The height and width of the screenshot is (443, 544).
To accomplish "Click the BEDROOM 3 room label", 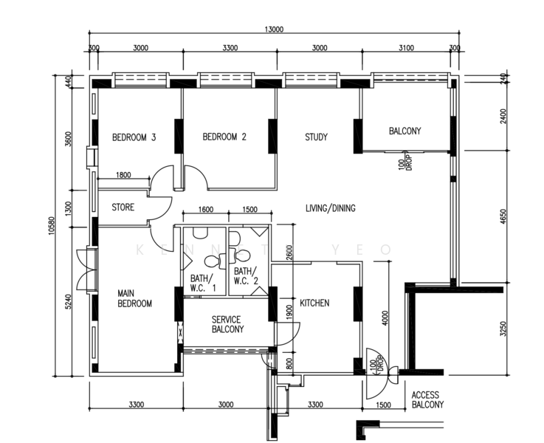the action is tap(134, 137).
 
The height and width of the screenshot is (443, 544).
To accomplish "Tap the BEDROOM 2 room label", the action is tap(224, 137).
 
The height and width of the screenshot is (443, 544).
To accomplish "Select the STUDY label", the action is tap(316, 137).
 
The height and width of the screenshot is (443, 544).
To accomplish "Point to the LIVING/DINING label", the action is tap(330, 208).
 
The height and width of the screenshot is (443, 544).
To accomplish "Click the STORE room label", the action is tap(123, 207).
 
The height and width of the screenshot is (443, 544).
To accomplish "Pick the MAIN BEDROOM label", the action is tap(134, 298).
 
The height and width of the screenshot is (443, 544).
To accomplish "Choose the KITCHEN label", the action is tap(314, 303).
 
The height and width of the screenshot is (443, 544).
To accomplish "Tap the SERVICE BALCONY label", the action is tap(227, 324).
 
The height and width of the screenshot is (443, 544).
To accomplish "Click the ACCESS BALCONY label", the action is tap(427, 399).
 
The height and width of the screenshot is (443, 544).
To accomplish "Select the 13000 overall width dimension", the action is tap(274, 29).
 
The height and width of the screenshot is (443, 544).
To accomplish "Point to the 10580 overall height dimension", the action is tap(52, 226).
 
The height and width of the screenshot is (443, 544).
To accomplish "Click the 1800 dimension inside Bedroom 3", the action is tap(123, 174).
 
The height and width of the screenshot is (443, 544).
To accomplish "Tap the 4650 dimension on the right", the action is tap(503, 216).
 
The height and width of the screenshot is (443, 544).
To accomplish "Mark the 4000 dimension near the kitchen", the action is tap(385, 317).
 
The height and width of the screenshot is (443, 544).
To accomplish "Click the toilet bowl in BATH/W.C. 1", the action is tap(213, 261).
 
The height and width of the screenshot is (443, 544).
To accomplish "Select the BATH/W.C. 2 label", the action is tap(246, 276).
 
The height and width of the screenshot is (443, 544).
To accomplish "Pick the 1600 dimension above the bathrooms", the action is tap(206, 209).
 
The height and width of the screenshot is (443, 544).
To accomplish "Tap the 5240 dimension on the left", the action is tap(69, 302).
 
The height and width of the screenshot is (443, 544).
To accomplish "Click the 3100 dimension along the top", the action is tap(406, 47).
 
